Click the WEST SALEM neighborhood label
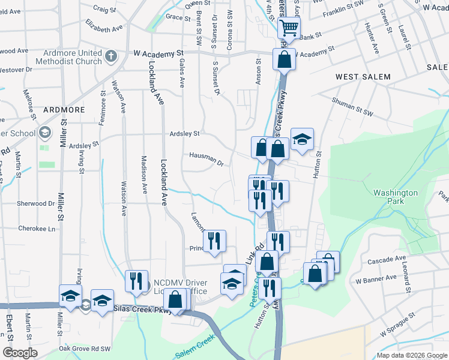tap(363, 77)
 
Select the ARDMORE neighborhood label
tap(64, 110)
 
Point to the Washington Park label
tap(395, 197)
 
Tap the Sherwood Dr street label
tap(35, 203)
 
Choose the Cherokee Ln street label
tap(36, 229)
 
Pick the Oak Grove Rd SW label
tap(85, 348)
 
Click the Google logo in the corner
tap(20, 353)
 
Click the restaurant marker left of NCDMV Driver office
tap(137, 281)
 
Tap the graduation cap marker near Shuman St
tap(303, 139)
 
